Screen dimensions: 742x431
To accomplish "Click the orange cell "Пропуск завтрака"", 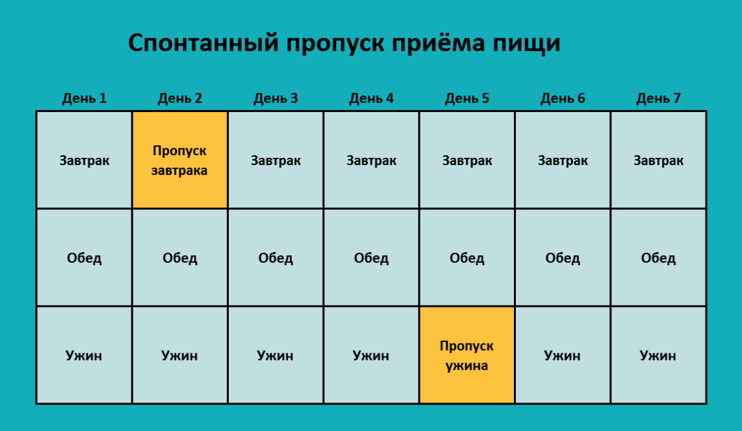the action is [180, 160].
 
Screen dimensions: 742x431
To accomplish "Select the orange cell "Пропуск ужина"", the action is [467, 355].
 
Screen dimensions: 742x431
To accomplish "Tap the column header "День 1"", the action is [84, 98].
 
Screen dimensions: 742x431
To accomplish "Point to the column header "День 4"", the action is [371, 98].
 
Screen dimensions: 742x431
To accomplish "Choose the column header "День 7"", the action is [658, 98].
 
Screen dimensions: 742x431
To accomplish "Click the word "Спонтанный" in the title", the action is [204, 42].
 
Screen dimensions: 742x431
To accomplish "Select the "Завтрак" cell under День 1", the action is [84, 160].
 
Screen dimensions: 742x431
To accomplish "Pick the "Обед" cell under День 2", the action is [180, 257].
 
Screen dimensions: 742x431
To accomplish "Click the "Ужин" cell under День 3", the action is [275, 355].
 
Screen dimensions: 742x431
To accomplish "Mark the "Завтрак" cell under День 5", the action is [467, 160].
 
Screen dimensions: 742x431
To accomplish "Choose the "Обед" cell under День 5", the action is [467, 257].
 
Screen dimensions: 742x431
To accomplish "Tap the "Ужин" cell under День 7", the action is [658, 355].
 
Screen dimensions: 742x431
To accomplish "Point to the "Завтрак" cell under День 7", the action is [658, 160].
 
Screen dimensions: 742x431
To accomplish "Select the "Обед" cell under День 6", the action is [563, 257].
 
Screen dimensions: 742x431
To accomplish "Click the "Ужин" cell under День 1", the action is [84, 355].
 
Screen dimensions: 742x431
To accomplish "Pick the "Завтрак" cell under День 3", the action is [275, 160].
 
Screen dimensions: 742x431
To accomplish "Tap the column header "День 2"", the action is [180, 98].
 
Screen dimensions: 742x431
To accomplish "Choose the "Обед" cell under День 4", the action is [371, 257].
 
